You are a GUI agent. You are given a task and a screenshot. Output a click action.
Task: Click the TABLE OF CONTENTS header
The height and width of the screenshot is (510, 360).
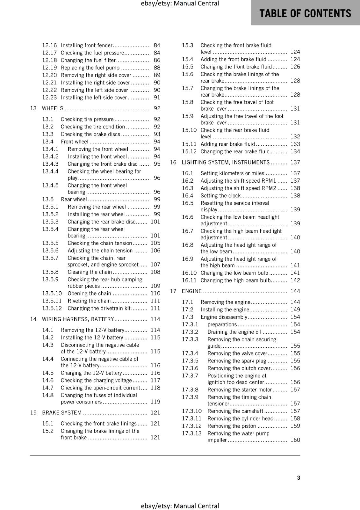point(305,13)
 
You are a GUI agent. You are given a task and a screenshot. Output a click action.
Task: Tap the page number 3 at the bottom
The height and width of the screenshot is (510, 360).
point(299,477)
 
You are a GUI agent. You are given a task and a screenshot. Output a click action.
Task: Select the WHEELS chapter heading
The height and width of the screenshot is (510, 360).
point(53,108)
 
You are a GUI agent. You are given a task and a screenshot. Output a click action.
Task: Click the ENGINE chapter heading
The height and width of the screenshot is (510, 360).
point(191,291)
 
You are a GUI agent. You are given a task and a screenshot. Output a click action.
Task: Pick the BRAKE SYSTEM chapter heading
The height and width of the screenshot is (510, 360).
point(62,412)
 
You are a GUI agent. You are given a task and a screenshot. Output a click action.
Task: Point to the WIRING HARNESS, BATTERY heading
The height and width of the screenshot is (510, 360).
point(78,319)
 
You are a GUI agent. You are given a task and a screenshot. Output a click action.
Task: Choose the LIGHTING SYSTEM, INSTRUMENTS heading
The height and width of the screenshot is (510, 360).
point(226,162)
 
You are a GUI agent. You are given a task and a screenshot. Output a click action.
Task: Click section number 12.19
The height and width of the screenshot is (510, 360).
point(49,68)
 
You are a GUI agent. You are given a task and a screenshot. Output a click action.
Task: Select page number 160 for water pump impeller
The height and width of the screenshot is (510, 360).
point(295,440)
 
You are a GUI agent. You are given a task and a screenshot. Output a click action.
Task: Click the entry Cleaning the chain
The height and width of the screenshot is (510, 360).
point(90,272)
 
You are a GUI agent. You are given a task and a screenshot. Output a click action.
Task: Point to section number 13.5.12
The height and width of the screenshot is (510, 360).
point(52,308)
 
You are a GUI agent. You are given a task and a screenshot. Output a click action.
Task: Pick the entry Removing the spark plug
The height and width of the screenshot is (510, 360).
point(237,361)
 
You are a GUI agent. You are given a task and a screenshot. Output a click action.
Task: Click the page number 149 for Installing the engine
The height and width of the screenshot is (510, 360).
point(295,310)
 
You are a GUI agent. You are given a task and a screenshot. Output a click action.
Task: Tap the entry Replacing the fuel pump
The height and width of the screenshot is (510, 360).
point(90,68)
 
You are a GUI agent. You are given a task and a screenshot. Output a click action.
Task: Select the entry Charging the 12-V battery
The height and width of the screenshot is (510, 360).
point(91,373)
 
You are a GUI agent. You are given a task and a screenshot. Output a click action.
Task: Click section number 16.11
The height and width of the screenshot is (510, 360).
point(189,280)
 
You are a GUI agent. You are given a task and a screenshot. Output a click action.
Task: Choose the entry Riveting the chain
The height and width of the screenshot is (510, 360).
point(89,301)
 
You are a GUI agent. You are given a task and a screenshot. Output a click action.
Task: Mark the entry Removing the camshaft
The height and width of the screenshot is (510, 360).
point(235,411)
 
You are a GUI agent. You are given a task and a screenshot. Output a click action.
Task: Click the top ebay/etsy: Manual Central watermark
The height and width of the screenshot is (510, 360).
point(180,4)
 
